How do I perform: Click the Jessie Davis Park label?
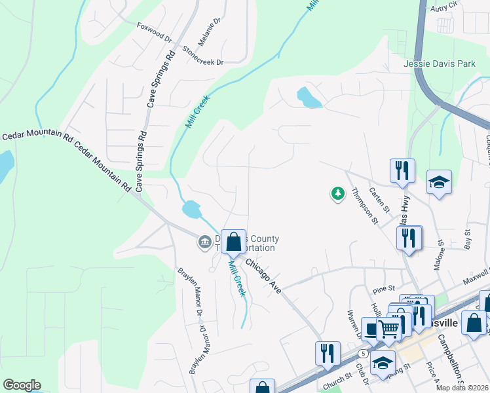click(x=439, y=65)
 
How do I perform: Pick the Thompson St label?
click(x=364, y=206)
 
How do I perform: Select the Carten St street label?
click(x=379, y=199)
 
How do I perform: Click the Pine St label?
click(x=383, y=288)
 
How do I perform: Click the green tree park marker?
click(x=337, y=193)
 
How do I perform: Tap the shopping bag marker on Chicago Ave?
click(x=233, y=242)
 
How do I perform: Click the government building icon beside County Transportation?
click(x=204, y=243)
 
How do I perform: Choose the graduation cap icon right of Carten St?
click(x=439, y=183)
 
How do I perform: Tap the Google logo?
click(x=22, y=385)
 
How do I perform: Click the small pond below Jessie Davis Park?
click(x=309, y=98)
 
